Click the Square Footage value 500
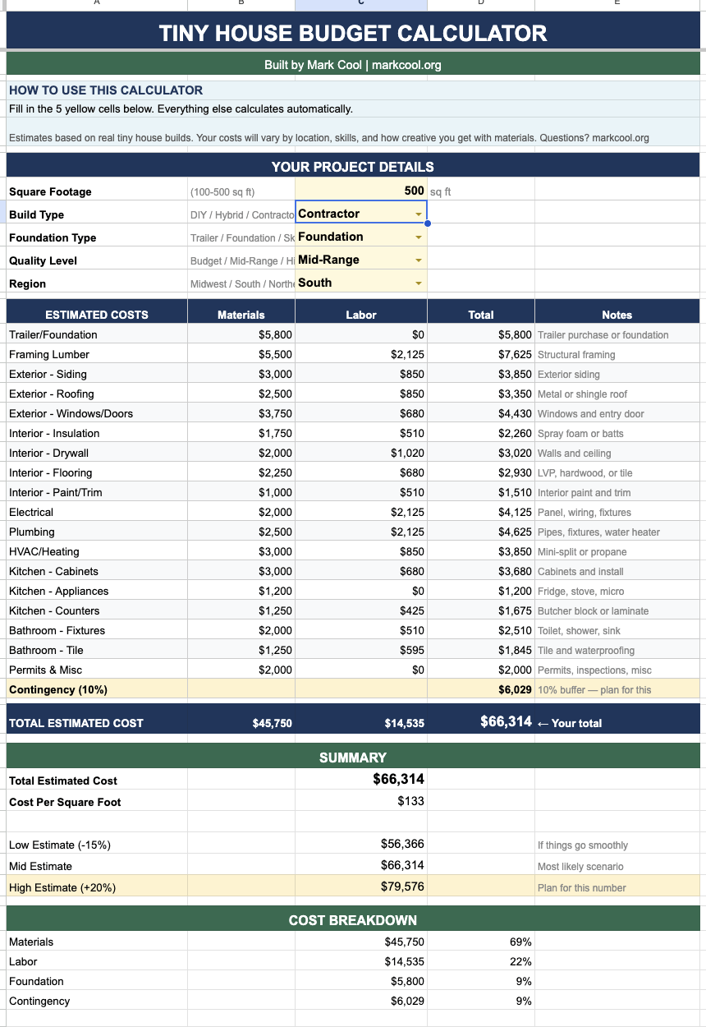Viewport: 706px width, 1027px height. tap(414, 191)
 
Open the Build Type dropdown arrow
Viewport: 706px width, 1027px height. tap(419, 214)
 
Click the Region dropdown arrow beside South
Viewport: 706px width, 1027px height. tap(419, 283)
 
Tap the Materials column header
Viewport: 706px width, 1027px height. tap(241, 315)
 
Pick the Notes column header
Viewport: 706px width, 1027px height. tap(617, 315)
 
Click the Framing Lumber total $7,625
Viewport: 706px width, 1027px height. tap(515, 354)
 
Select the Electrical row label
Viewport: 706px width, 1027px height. tap(31, 512)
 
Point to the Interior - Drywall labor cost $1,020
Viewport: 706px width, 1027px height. tap(407, 453)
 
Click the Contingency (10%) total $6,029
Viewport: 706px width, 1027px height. tap(515, 689)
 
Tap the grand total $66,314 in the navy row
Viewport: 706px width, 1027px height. tap(506, 722)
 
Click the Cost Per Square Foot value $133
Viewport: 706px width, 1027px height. tap(410, 801)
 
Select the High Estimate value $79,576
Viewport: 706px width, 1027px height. tap(402, 887)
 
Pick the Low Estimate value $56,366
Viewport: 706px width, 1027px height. tap(402, 844)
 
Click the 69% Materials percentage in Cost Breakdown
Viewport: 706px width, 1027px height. tap(520, 942)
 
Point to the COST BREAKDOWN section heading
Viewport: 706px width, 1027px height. tap(353, 920)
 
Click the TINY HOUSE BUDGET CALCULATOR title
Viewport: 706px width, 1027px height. tap(353, 34)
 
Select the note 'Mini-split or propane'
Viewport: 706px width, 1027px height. tap(582, 551)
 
